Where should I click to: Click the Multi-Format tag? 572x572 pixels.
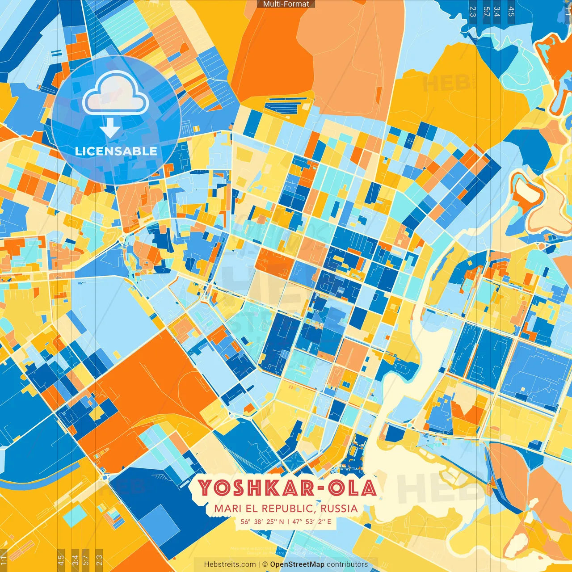pyautogui.click(x=286, y=4)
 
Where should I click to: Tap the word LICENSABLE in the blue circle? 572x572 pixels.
pyautogui.click(x=116, y=151)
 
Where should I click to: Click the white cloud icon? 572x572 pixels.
pyautogui.click(x=115, y=93)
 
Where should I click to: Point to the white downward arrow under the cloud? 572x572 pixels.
pyautogui.click(x=110, y=129)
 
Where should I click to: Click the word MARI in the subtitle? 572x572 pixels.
pyautogui.click(x=227, y=509)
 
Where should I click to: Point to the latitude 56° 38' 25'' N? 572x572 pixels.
pyautogui.click(x=262, y=522)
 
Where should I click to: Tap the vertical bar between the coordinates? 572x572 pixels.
pyautogui.click(x=288, y=522)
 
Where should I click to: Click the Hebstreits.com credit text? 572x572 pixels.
pyautogui.click(x=230, y=564)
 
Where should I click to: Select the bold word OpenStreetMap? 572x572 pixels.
pyautogui.click(x=297, y=564)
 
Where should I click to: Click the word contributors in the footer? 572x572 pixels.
pyautogui.click(x=347, y=564)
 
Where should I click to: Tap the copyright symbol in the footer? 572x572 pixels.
pyautogui.click(x=265, y=564)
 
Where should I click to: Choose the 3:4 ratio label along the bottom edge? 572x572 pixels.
pyautogui.click(x=75, y=559)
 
